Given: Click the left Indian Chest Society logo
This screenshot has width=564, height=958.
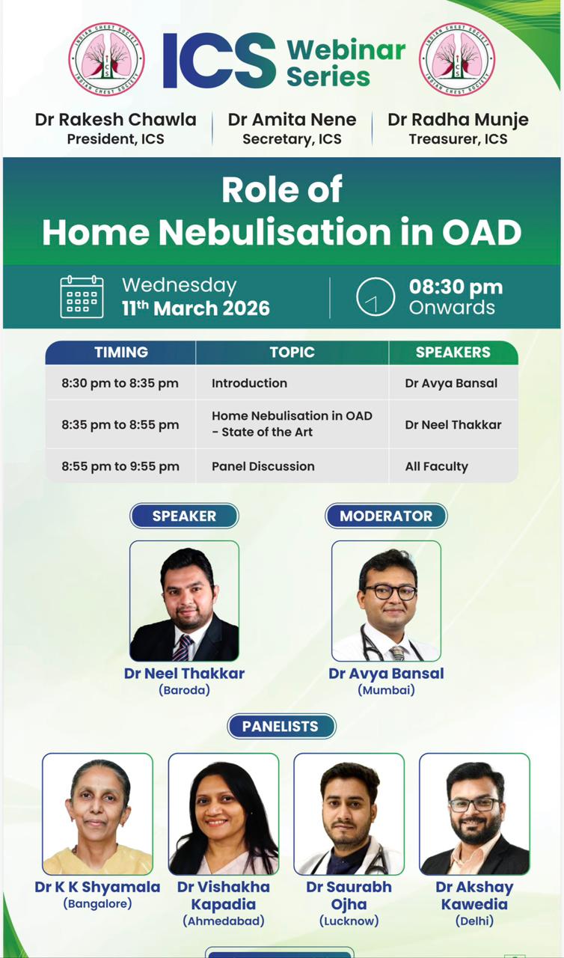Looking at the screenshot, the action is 106,59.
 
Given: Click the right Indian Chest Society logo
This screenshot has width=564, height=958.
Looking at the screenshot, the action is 457,59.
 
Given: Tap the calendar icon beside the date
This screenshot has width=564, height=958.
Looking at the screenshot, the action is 82,297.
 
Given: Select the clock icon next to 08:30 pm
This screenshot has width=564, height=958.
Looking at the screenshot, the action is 376,297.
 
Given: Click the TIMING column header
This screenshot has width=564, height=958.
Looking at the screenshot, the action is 121,353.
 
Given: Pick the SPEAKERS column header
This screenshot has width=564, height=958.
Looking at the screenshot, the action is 453,353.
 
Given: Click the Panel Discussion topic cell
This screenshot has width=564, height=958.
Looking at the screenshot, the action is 263,466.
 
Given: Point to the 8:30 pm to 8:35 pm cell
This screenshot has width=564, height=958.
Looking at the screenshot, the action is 120,383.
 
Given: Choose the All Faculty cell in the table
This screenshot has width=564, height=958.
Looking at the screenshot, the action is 437,466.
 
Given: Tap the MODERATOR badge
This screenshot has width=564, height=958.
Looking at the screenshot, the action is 386,516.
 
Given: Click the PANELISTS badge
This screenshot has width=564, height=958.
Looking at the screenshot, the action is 281,726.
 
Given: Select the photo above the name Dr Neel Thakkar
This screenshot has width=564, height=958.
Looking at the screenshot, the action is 184,601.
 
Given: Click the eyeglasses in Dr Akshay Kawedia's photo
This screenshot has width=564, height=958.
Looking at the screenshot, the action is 474,805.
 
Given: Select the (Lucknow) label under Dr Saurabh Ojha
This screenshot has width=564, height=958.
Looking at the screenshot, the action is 349,921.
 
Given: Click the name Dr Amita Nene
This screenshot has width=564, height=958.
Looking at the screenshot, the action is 292,120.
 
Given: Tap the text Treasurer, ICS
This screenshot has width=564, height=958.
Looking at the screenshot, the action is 458,139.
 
